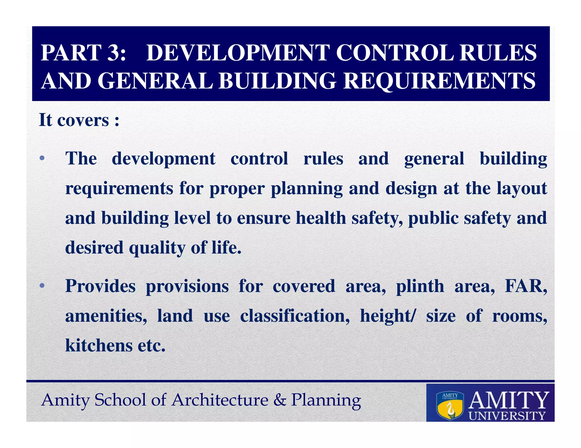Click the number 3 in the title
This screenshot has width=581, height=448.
(x=113, y=53)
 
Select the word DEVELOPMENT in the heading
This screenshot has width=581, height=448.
(x=238, y=53)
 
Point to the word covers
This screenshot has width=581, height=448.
(x=83, y=120)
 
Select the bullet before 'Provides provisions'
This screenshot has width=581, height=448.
(x=42, y=286)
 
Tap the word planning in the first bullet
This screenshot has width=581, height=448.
(x=307, y=189)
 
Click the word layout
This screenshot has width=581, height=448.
(x=521, y=189)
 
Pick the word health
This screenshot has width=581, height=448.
(x=321, y=218)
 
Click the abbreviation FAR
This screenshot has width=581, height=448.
(x=525, y=286)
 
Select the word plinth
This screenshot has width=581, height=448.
(x=420, y=286)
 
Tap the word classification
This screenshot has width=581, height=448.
(x=295, y=316)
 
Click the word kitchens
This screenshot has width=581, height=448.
(x=99, y=345)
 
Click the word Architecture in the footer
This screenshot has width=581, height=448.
(x=220, y=400)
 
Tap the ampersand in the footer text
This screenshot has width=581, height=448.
(x=280, y=400)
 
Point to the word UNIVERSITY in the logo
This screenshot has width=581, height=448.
(x=507, y=416)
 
